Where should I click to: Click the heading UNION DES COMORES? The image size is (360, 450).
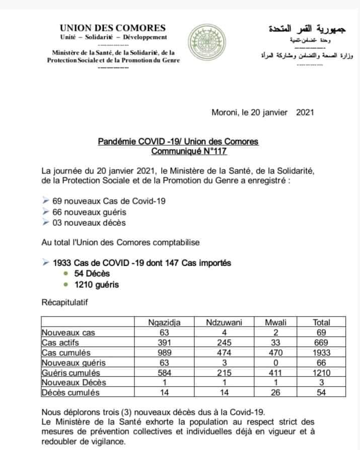click(x=112, y=28)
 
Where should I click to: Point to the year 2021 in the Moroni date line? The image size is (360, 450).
click(x=305, y=112)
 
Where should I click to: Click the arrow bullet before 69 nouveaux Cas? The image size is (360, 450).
click(x=46, y=201)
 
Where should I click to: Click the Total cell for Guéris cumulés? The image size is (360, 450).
click(x=321, y=373)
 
